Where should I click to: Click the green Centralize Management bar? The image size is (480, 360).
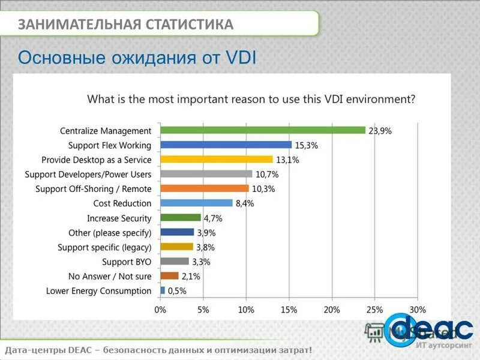pyautogui.click(x=263, y=130)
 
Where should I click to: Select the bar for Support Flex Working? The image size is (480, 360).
pyautogui.click(x=226, y=145)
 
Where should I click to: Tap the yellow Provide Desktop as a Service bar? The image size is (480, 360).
pyautogui.click(x=217, y=160)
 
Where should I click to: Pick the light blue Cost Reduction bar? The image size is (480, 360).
pyautogui.click(x=196, y=203)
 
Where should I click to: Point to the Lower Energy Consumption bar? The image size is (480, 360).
pyautogui.click(x=163, y=290)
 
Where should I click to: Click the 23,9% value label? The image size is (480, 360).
pyautogui.click(x=380, y=130)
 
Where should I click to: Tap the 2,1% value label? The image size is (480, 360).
pyautogui.click(x=190, y=276)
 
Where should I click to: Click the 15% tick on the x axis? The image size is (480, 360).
pyautogui.click(x=289, y=310)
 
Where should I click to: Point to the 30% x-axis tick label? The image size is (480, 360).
pyautogui.click(x=417, y=310)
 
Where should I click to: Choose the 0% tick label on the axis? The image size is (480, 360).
pyautogui.click(x=161, y=310)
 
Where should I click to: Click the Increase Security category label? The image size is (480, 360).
pyautogui.click(x=119, y=218)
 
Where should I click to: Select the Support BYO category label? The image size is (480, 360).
pyautogui.click(x=127, y=262)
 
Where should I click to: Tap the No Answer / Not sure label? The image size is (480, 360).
pyautogui.click(x=110, y=276)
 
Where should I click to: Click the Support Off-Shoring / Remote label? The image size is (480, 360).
pyautogui.click(x=94, y=188)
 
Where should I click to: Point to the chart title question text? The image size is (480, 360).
pyautogui.click(x=251, y=99)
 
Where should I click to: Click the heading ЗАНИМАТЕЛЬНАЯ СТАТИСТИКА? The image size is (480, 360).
pyautogui.click(x=125, y=25)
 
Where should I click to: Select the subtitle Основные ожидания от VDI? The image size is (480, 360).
pyautogui.click(x=137, y=58)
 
